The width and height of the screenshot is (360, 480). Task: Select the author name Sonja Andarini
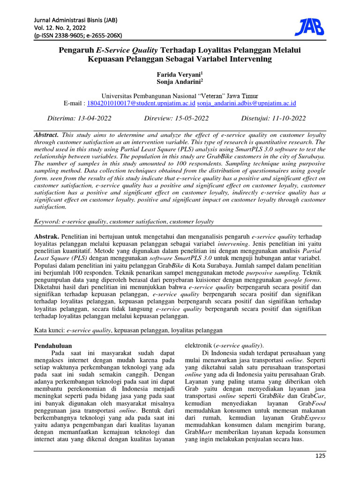(x=180, y=82)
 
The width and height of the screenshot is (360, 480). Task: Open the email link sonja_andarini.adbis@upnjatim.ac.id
(x=247, y=103)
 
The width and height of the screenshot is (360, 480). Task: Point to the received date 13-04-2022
(x=97, y=118)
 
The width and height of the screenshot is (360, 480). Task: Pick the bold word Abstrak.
(x=47, y=237)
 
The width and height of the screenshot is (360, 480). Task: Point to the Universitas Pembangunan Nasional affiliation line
(x=180, y=96)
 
